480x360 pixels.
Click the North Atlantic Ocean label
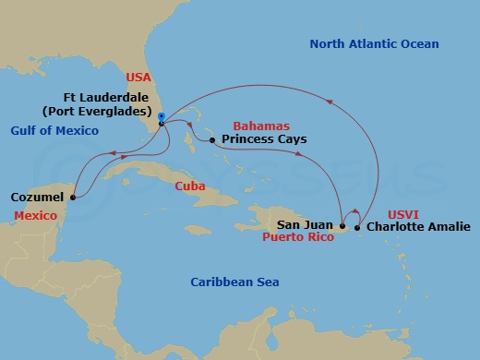pyautogui.click(x=374, y=44)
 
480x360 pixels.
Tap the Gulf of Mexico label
pyautogui.click(x=54, y=131)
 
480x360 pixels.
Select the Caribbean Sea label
pyautogui.click(x=234, y=282)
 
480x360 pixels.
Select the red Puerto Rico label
pyautogui.click(x=299, y=237)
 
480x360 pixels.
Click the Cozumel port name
pyautogui.click(x=38, y=198)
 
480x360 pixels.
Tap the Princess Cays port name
pyautogui.click(x=263, y=140)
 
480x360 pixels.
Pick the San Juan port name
pyautogui.click(x=306, y=224)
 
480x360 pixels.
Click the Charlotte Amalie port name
pyautogui.click(x=412, y=225)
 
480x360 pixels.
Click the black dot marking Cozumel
pyautogui.click(x=73, y=196)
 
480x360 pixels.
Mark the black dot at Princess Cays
pyautogui.click(x=212, y=140)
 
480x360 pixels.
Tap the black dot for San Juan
pyautogui.click(x=342, y=225)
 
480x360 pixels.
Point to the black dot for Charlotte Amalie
pyautogui.click(x=358, y=225)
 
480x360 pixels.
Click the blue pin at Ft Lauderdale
pyautogui.click(x=161, y=117)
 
